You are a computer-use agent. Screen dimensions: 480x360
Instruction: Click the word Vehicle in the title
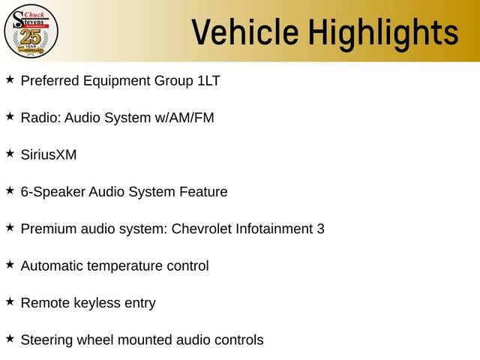(x=245, y=31)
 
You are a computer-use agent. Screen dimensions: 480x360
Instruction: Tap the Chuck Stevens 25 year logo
(x=31, y=31)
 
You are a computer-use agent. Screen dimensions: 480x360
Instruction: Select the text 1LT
(x=208, y=81)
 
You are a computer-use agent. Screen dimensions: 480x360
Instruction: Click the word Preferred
(x=50, y=81)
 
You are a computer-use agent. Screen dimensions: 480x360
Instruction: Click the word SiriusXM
(x=49, y=154)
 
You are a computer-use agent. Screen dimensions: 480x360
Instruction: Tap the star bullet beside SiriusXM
(x=10, y=153)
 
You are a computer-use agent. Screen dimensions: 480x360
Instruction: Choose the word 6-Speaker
(x=53, y=192)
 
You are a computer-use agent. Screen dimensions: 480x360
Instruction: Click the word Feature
(x=203, y=192)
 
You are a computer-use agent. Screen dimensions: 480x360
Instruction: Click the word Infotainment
(x=274, y=229)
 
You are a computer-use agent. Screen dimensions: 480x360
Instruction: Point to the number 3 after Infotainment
(x=320, y=229)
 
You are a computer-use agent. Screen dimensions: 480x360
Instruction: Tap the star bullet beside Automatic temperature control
(x=10, y=265)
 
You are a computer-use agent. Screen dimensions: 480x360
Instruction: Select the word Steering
(x=46, y=340)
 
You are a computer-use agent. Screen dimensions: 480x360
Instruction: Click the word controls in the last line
(x=239, y=340)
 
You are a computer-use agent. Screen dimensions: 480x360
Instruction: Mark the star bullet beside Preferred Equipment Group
(x=10, y=79)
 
